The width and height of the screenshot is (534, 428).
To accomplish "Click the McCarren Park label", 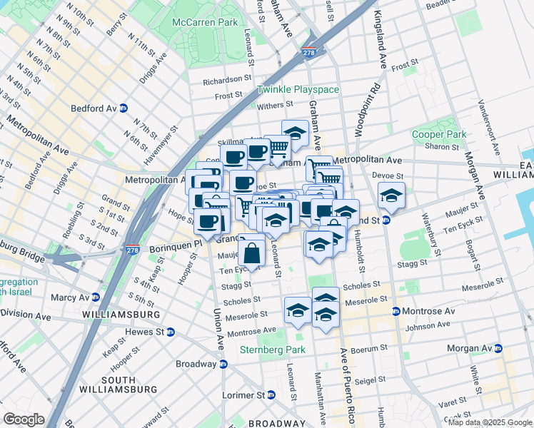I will [205, 23].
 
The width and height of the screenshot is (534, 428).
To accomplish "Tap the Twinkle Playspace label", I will [298, 90].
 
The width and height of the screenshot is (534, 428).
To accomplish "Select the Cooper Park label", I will [439, 134].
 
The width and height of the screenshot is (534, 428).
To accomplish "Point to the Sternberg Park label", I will [272, 350].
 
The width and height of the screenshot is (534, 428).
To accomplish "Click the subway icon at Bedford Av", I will [124, 108].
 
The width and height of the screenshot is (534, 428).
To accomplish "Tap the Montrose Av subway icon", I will [396, 311].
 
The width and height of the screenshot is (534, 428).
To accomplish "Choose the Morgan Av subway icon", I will [498, 348].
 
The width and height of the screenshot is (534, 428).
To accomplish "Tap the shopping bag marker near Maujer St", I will [251, 253].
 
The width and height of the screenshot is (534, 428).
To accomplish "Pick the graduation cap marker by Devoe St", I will [391, 195].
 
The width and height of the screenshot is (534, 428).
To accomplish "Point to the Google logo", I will [23, 419].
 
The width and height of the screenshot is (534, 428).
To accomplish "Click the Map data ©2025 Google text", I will [490, 422].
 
